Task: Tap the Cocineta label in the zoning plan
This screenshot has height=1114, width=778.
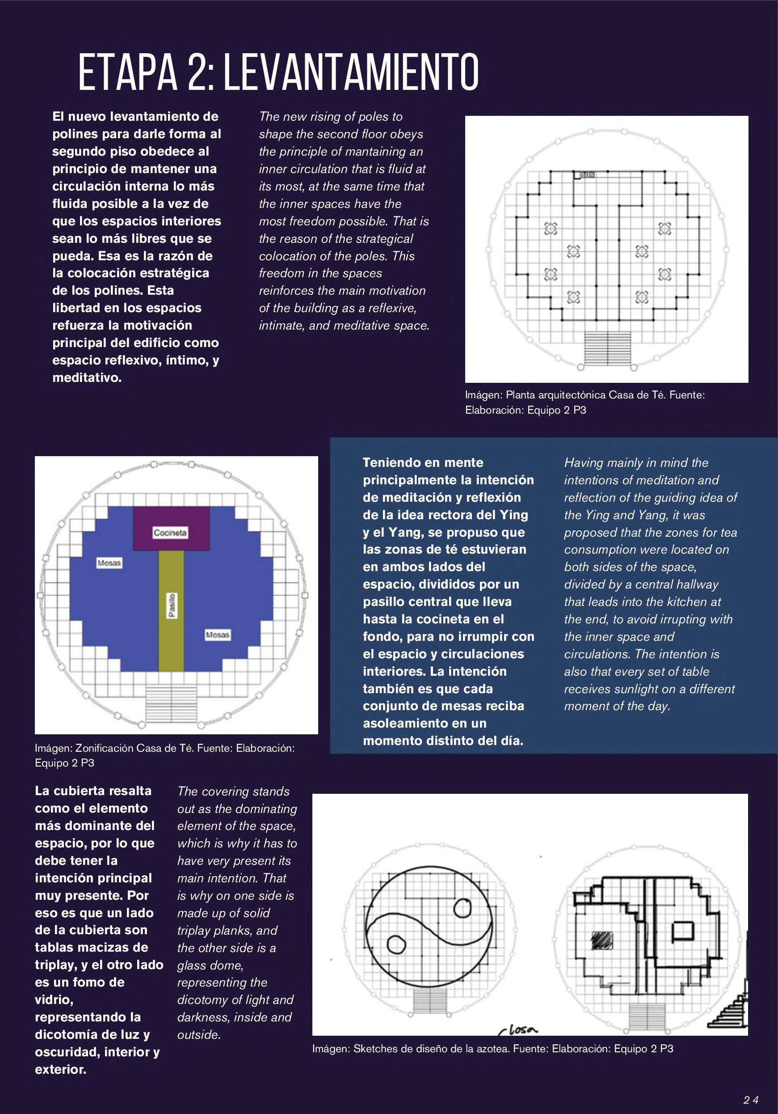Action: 170,533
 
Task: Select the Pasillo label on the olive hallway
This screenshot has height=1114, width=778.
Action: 172,606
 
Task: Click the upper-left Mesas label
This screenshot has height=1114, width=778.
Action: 109,563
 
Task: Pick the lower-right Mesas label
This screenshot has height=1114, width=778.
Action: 217,635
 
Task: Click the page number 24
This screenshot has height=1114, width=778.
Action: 751,1099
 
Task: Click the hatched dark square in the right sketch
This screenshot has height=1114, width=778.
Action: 602,941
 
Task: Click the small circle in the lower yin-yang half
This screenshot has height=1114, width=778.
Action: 396,944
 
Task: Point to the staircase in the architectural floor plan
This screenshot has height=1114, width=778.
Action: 608,348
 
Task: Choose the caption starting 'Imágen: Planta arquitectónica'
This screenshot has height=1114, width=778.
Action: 585,402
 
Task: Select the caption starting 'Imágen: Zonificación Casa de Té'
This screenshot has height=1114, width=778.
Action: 165,755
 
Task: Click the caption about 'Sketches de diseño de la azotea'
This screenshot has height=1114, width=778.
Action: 492,1049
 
